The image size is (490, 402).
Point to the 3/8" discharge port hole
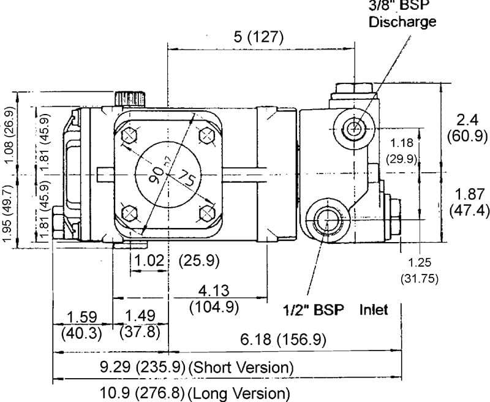353,128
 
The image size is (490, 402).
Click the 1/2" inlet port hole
328,219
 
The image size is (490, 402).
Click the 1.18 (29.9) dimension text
402,150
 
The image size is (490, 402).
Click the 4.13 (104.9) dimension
214,298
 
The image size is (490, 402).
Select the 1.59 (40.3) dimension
82,324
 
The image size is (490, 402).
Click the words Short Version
241,368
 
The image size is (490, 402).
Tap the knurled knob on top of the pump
130,97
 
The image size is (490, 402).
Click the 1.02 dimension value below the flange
148,260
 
